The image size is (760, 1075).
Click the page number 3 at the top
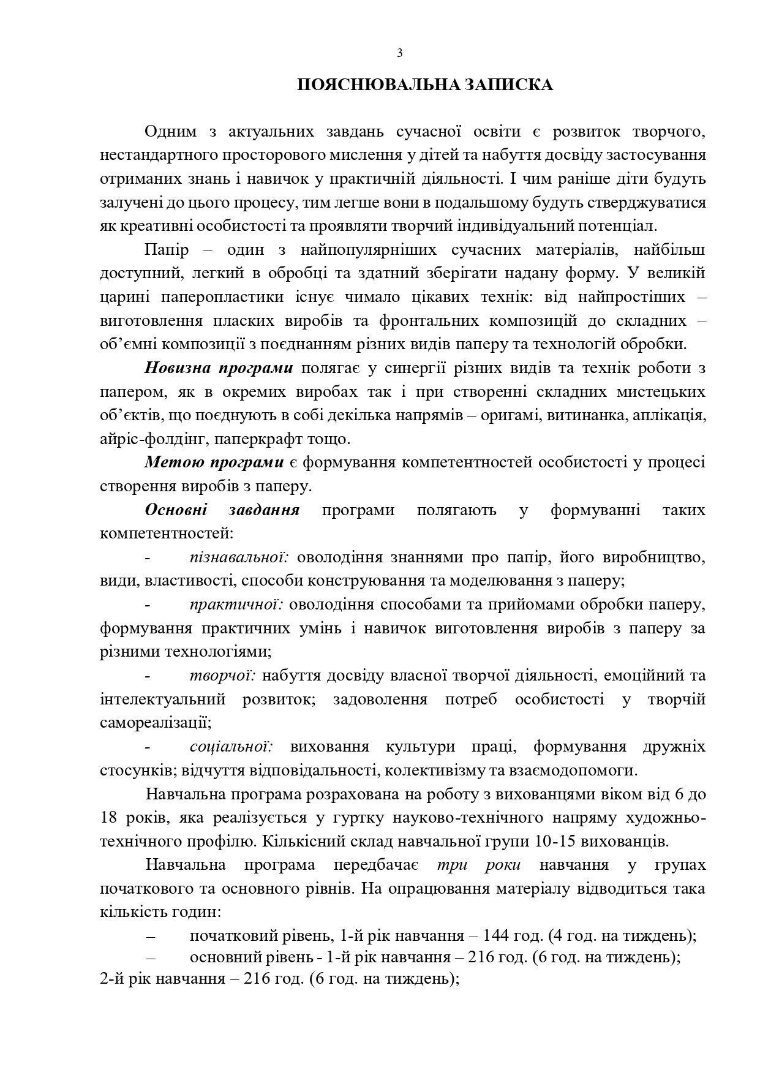tap(400, 53)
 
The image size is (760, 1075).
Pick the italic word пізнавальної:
tap(239, 557)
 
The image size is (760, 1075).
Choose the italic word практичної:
tap(236, 605)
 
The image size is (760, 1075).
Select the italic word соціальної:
tap(230, 747)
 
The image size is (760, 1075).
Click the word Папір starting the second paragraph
tap(165, 250)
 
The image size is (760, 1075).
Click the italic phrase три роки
tap(479, 865)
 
